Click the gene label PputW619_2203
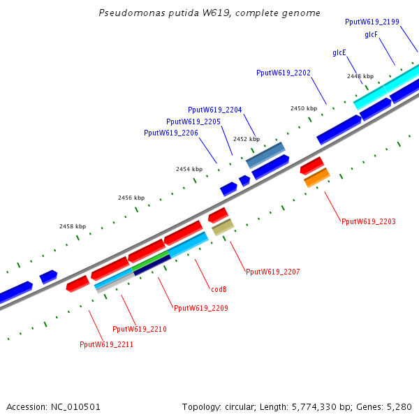369,221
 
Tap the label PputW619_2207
272,271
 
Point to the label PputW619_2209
200,308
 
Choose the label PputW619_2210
140,329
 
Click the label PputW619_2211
106,344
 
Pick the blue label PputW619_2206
171,133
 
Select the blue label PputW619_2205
193,122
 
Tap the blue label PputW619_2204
215,110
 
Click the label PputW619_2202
284,73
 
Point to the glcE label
339,52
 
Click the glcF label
372,34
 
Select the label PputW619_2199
372,22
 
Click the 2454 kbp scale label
189,170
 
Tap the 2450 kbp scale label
304,108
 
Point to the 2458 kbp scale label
73,226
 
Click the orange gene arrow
317,177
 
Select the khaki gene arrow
223,227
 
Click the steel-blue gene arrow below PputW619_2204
265,155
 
